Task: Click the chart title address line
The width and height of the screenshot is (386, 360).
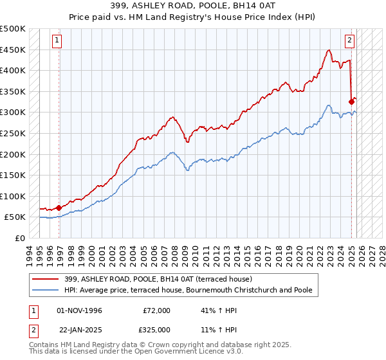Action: click(x=193, y=7)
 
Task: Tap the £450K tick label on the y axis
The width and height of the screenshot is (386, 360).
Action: click(x=14, y=50)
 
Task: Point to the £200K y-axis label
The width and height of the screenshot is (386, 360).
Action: click(x=14, y=154)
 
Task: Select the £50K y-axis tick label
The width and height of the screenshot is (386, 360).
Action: click(x=16, y=217)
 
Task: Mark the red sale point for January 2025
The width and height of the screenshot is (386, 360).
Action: click(x=351, y=102)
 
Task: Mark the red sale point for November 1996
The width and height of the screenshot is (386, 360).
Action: click(x=59, y=208)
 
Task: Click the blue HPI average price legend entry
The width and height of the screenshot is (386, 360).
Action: click(x=187, y=291)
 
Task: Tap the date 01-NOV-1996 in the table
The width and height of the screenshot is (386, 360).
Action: click(x=80, y=310)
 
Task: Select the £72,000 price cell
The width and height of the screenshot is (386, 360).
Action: click(x=157, y=310)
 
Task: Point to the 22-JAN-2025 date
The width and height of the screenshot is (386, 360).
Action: click(x=80, y=330)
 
